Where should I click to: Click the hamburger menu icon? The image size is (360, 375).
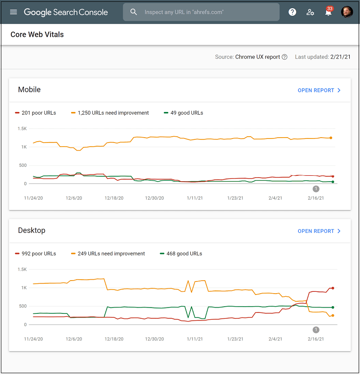pos(13,12)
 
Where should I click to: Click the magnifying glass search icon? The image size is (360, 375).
pos(134,12)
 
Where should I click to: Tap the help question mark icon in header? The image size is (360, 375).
pos(292,12)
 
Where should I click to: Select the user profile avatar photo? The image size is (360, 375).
pos(347,12)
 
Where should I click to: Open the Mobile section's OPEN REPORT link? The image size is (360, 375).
pos(319,90)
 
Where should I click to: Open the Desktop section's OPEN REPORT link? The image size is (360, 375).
pos(319,231)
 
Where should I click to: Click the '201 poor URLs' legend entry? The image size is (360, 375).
pos(36,113)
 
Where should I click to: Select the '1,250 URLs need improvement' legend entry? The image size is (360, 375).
pos(110,113)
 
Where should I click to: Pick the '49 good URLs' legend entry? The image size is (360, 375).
pos(183,113)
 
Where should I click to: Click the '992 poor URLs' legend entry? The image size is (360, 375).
pos(36,254)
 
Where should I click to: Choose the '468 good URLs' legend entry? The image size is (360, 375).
pos(181,254)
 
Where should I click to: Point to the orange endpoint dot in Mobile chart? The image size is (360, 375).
pos(331,138)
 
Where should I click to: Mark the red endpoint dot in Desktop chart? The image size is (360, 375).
pos(333,288)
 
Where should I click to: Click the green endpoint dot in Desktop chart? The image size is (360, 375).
pos(333,308)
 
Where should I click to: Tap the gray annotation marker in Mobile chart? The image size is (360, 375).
pos(316,189)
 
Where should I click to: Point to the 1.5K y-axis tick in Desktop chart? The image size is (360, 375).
pos(22,269)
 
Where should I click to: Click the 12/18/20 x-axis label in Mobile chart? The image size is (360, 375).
pos(114,198)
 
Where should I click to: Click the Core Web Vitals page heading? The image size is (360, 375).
pos(37,35)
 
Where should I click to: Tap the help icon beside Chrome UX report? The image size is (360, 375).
pos(284,57)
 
